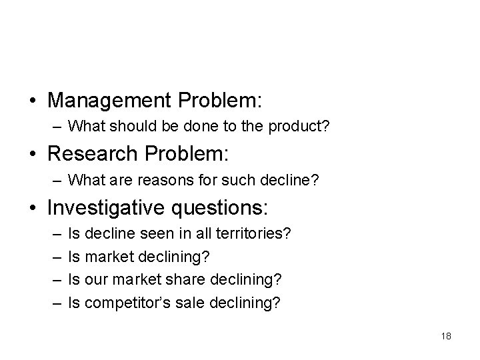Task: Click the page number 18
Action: click(446, 336)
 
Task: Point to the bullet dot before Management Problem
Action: click(33, 101)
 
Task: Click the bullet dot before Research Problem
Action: click(33, 155)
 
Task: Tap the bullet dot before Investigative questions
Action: click(33, 208)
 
